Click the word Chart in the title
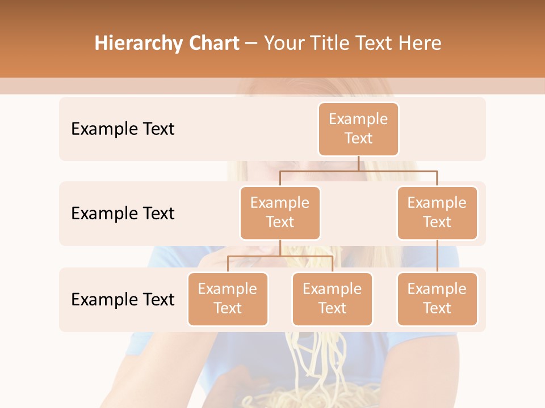[213, 44]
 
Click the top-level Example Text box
[358, 129]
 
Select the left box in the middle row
[280, 212]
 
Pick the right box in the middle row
[437, 212]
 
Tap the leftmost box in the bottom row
[228, 299]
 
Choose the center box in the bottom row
[332, 299]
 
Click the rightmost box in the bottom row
[437, 299]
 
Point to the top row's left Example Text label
[123, 129]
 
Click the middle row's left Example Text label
[123, 214]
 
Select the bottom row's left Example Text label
[123, 300]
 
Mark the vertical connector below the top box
[358, 163]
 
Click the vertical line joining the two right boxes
[437, 256]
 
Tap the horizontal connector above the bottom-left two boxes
[280, 256]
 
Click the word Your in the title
[283, 44]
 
